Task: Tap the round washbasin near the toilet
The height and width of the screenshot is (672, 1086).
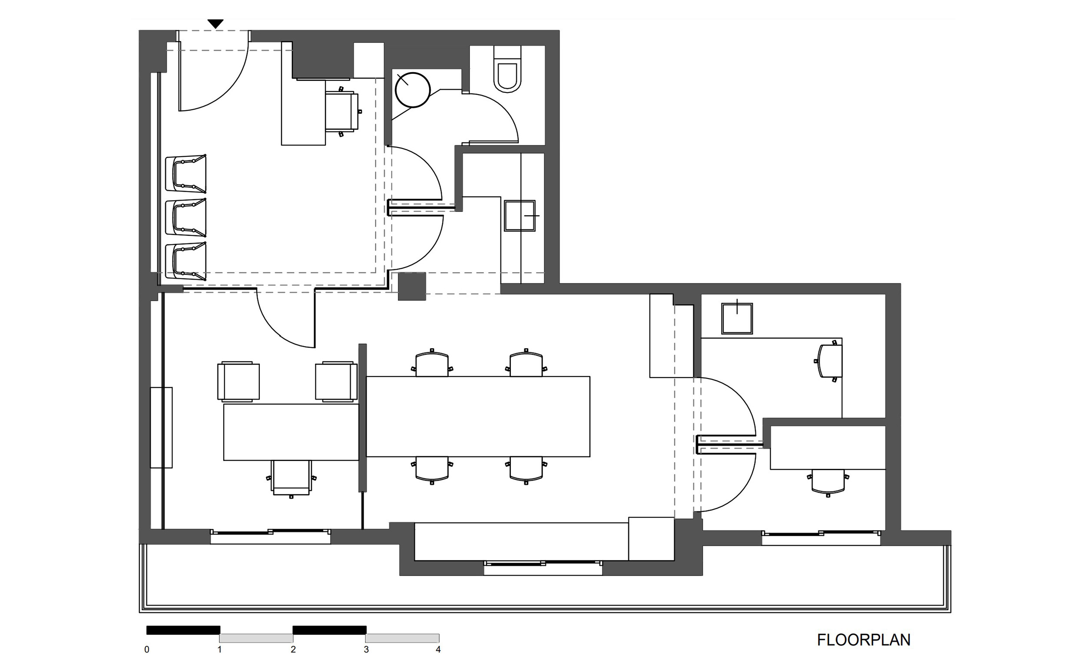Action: tap(413, 90)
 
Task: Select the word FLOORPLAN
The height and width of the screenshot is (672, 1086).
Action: tap(864, 640)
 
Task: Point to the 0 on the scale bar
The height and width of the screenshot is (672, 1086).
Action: tap(147, 649)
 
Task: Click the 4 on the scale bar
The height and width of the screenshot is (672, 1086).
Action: tap(438, 649)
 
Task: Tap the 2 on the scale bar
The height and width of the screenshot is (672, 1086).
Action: tap(293, 649)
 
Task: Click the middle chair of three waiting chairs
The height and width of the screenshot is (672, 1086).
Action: tap(186, 217)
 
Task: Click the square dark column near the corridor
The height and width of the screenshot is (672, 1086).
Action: tap(412, 286)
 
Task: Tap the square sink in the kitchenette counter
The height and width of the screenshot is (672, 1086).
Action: tap(520, 216)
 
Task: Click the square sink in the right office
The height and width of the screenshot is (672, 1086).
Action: tap(737, 318)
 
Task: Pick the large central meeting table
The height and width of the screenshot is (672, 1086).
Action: tap(478, 416)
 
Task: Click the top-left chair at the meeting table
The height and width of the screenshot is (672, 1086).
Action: tap(431, 362)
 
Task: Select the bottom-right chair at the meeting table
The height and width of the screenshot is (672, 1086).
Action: tap(526, 470)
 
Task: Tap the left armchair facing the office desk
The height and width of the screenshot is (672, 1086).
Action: tap(238, 381)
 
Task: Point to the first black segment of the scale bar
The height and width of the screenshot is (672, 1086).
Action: tap(183, 630)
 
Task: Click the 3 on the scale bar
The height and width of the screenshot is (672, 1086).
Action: tap(367, 649)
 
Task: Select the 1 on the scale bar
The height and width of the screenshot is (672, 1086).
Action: tap(220, 649)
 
